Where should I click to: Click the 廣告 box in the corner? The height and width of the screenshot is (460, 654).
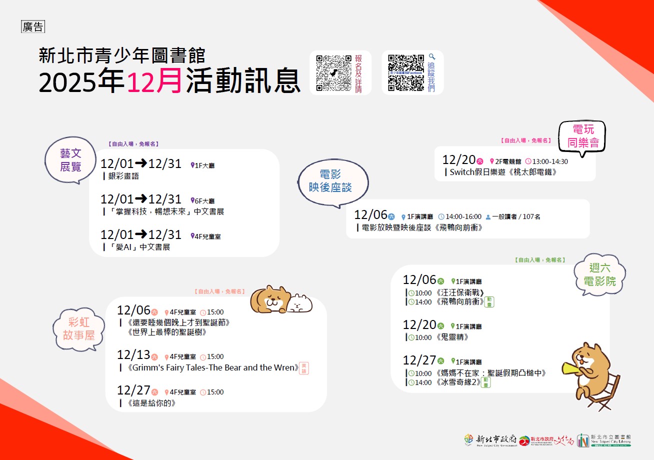[33, 27]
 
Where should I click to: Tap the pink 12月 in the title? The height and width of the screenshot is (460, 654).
[154, 80]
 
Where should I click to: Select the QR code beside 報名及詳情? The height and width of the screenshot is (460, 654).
[333, 72]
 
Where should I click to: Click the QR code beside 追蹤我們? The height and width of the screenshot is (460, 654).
[406, 72]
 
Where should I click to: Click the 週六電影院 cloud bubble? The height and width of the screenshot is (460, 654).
[600, 274]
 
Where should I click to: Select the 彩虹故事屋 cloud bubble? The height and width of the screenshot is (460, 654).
[78, 328]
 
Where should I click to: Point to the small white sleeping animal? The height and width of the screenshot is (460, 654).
[300, 302]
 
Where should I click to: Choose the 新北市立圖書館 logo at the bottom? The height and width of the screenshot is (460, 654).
[604, 440]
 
